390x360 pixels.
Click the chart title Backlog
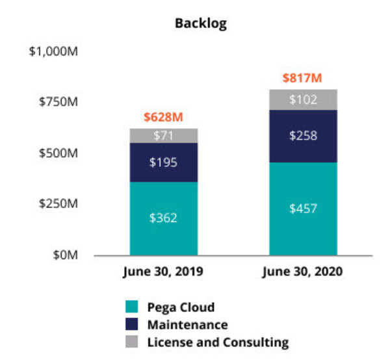(x=200, y=23)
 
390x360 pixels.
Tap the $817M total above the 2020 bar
(x=302, y=78)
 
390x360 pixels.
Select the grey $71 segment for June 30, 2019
(x=164, y=136)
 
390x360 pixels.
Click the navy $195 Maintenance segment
(x=164, y=162)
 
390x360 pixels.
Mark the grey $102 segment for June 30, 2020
(x=303, y=100)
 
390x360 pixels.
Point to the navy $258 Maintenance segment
(x=303, y=136)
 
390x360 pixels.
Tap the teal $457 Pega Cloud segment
(x=303, y=209)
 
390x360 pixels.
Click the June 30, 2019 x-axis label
(x=164, y=272)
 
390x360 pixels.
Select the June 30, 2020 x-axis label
(x=303, y=272)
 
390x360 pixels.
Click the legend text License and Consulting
(x=218, y=342)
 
